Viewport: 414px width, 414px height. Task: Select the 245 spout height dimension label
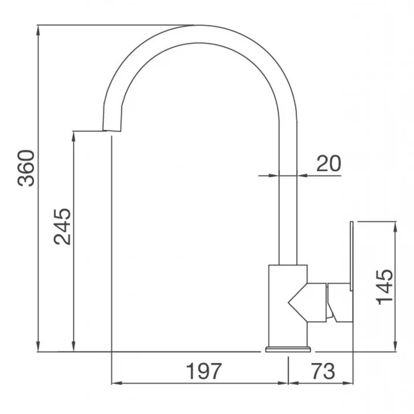click(x=62, y=226)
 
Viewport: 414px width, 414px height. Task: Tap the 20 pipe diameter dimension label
click(x=329, y=163)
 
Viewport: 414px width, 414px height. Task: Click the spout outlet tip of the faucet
click(x=112, y=130)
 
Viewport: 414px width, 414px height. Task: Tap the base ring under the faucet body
click(x=288, y=349)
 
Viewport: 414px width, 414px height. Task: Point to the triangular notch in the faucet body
click(x=298, y=302)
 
